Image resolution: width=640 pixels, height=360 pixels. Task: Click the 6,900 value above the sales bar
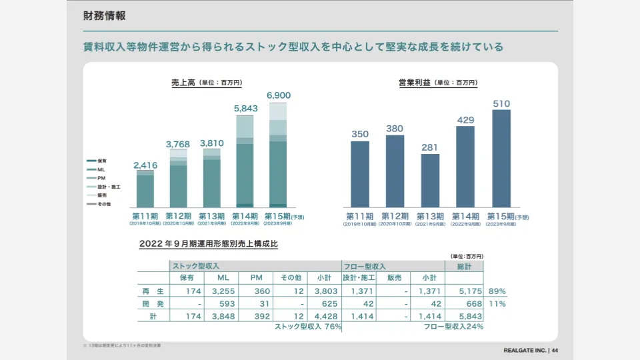point(279,96)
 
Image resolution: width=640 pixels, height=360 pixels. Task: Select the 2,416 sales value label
point(145,165)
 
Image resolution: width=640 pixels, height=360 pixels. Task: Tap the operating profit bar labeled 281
point(430,180)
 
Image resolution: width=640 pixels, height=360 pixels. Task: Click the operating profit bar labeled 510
point(501,158)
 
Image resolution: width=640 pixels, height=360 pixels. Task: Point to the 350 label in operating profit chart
point(360,134)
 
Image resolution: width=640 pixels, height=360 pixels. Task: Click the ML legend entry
point(101,170)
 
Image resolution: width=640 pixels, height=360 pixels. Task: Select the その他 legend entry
point(103,204)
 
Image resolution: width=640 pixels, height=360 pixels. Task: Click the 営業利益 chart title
point(414,83)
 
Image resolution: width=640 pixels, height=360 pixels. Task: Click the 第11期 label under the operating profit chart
point(360,217)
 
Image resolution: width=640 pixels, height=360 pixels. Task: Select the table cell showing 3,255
point(219,291)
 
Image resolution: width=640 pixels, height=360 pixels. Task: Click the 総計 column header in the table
point(465,266)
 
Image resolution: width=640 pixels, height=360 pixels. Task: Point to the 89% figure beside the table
point(497,291)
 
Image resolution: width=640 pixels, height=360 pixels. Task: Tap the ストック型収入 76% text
point(308,327)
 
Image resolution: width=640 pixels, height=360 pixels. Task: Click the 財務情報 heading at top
point(105,16)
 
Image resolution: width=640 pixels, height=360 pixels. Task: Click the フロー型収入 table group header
point(364,266)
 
